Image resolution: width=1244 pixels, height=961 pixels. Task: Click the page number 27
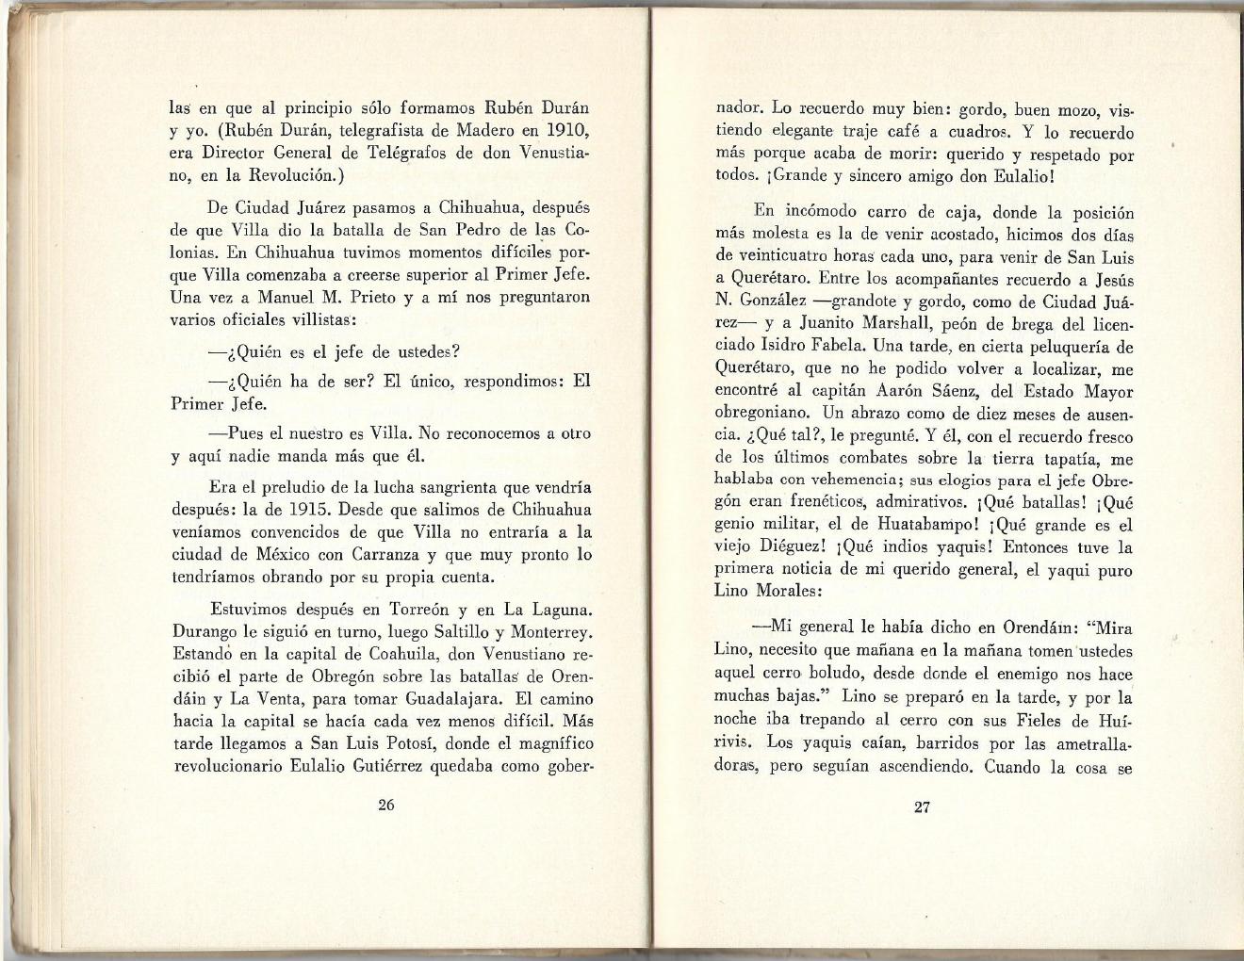922,806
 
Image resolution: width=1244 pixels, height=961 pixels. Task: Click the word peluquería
1063,346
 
